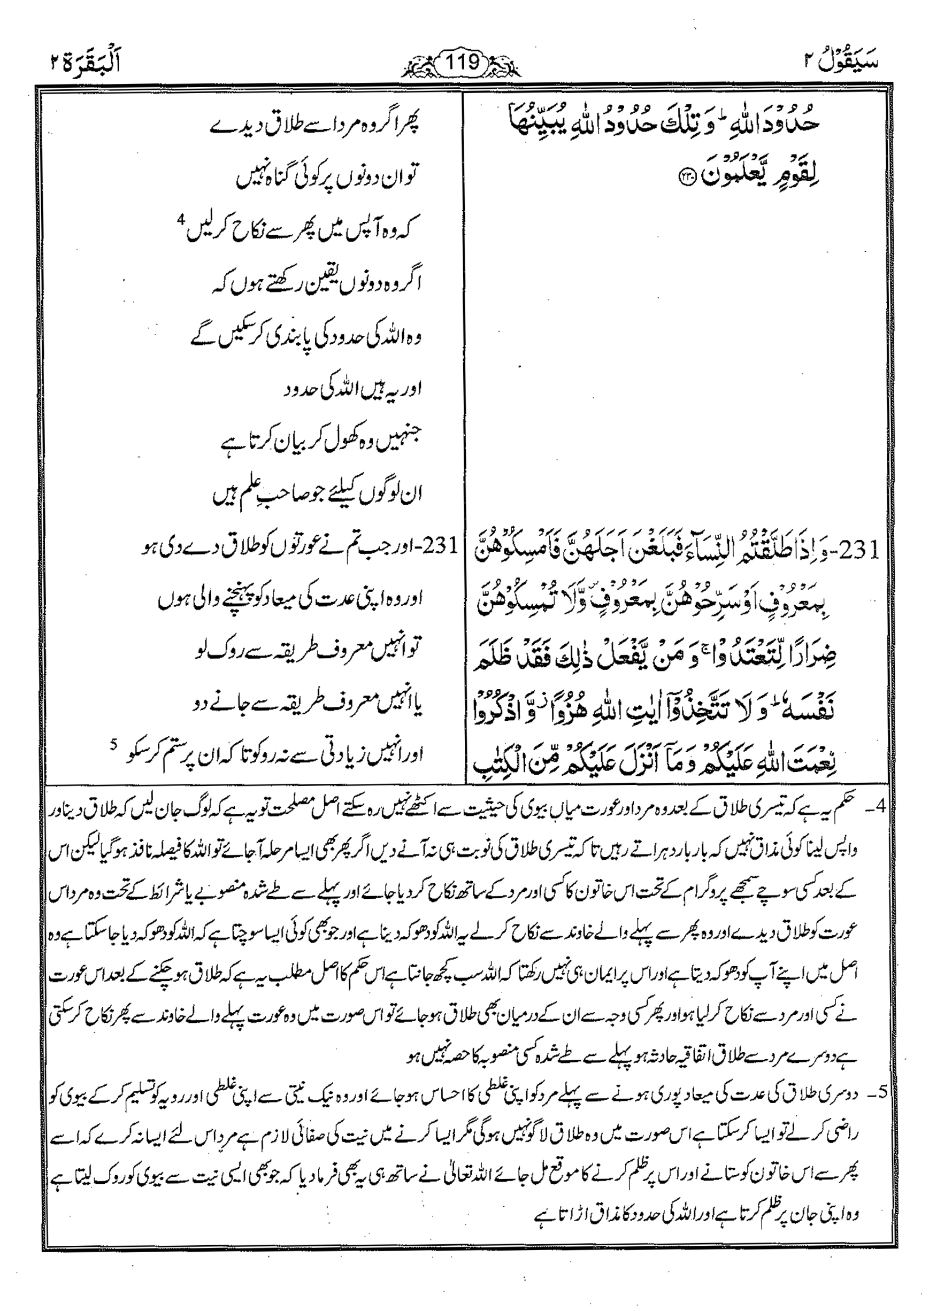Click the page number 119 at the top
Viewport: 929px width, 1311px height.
(x=464, y=61)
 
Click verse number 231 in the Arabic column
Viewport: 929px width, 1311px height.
(x=868, y=550)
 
